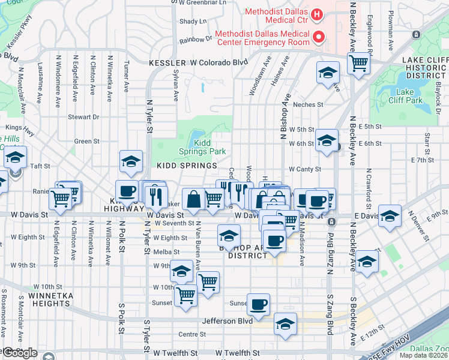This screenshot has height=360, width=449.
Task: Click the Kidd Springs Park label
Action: tap(209, 148)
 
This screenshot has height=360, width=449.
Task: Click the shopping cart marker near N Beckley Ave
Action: tap(358, 62)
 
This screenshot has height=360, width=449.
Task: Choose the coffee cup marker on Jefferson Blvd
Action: tap(258, 304)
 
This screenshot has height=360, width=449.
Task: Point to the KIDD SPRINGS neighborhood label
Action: tap(187, 166)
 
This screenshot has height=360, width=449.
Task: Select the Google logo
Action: tap(19, 353)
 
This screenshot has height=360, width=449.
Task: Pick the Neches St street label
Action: tap(308, 104)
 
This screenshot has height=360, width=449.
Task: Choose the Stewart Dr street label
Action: tap(83, 117)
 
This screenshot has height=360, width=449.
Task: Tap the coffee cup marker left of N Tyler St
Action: tap(126, 191)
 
